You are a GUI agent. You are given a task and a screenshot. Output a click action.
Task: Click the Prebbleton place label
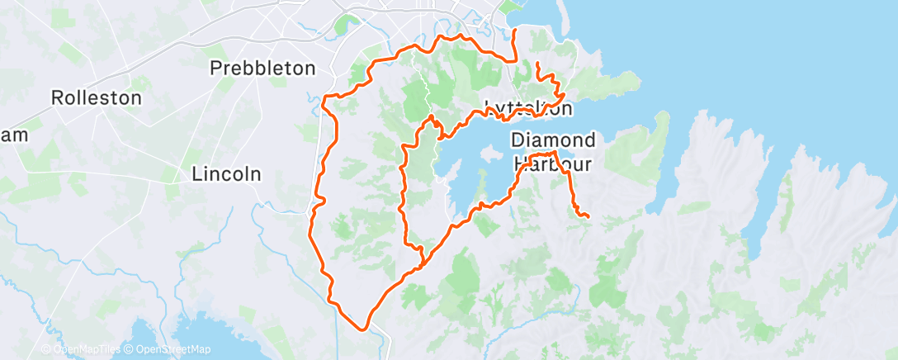point(263,68)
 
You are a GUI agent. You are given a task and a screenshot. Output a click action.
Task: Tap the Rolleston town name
point(97,97)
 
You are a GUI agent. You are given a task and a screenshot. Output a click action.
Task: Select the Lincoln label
point(226,174)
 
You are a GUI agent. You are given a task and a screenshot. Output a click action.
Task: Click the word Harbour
point(553,163)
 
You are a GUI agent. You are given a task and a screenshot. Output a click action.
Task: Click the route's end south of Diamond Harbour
point(587,217)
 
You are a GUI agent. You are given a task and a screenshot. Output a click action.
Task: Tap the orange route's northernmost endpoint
point(516,31)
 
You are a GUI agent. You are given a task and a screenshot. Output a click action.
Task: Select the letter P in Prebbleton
point(216,68)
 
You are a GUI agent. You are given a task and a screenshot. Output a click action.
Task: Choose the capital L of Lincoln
point(196,174)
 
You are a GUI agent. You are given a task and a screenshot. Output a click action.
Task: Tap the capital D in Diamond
point(518,138)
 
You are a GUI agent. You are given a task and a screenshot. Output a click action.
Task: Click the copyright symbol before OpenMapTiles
point(46,349)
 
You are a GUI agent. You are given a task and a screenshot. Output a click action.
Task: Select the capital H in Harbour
point(520,163)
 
